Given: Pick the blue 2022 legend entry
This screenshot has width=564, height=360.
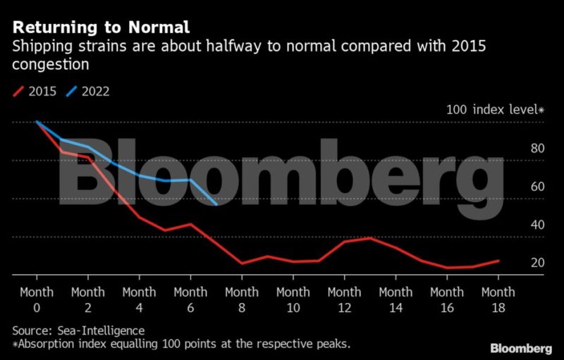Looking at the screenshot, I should (88, 91).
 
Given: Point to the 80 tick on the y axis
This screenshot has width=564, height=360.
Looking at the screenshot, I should (537, 149).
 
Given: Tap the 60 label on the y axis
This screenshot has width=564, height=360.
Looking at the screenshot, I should (537, 187).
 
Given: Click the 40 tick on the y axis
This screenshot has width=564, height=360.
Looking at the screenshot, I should (537, 225).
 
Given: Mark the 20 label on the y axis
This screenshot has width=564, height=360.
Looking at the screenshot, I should (537, 263).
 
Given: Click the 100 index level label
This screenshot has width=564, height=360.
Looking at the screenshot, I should (495, 110).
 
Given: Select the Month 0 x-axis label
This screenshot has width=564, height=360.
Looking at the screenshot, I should (37, 299).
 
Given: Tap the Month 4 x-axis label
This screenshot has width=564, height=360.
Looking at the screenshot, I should (139, 299).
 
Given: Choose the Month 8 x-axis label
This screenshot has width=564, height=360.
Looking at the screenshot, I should (242, 299).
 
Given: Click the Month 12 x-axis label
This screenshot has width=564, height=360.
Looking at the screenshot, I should (345, 299).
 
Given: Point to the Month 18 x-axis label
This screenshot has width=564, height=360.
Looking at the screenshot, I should (498, 299).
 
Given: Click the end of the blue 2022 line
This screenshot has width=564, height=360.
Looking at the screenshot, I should (216, 204).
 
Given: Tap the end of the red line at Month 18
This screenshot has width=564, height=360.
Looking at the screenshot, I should (498, 261).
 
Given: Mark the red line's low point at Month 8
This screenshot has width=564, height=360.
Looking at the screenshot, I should (242, 263).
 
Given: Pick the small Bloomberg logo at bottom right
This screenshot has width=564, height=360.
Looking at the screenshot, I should (521, 349).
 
